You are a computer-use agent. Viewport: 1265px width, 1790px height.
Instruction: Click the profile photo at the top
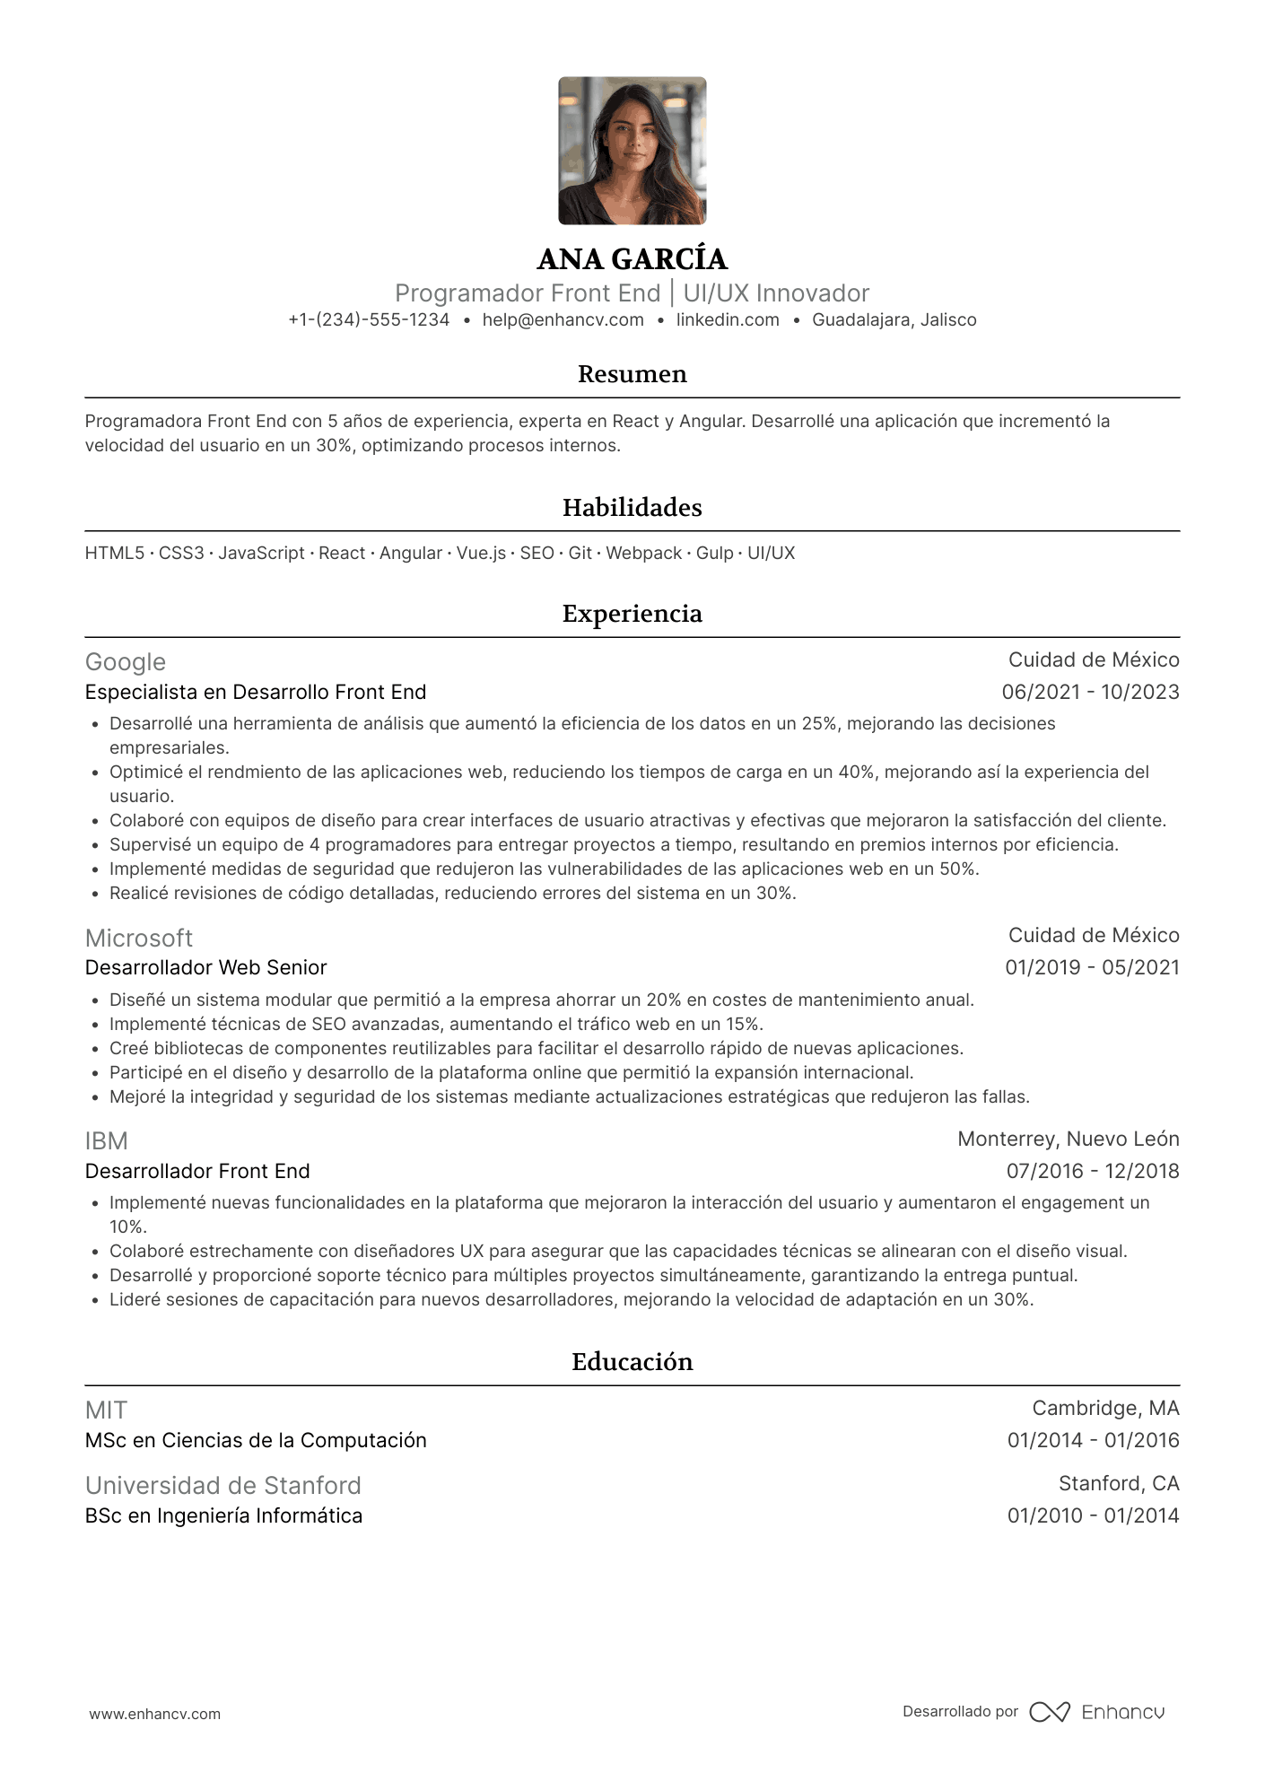pos(632,151)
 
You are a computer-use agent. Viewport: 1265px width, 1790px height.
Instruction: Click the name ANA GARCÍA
pos(632,259)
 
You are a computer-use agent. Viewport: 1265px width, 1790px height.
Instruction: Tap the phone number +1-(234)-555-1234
pos(369,320)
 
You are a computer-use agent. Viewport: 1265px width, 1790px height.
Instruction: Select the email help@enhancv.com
pos(563,320)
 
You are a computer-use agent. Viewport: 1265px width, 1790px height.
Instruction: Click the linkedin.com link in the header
pos(728,320)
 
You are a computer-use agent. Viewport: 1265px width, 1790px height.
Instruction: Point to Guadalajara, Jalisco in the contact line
pos(894,320)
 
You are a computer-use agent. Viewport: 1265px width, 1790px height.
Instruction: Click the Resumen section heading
pos(632,374)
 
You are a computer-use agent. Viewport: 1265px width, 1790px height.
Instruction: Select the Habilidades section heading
pos(632,508)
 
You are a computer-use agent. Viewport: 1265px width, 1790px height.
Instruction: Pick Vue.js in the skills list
pos(481,554)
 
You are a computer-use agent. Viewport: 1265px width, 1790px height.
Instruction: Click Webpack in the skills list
pos(643,554)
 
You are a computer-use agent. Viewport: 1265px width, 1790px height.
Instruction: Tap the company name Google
pos(126,662)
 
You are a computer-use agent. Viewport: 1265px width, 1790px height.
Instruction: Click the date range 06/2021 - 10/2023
pos(1090,693)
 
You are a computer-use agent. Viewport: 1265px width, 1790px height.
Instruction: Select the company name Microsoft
pos(139,939)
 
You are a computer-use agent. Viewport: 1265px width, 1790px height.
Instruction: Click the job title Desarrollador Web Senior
pos(205,968)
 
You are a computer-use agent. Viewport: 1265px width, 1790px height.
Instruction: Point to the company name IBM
pos(107,1141)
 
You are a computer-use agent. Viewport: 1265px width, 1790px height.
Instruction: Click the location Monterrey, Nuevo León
pos(1068,1139)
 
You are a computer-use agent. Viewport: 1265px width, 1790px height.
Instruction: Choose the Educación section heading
pos(632,1362)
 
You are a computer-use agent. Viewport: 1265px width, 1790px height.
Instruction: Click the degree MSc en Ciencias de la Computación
pos(256,1441)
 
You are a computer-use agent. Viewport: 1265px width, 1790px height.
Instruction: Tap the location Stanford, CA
pos(1118,1484)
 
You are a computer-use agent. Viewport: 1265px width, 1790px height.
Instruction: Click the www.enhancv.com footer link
pos(154,1715)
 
